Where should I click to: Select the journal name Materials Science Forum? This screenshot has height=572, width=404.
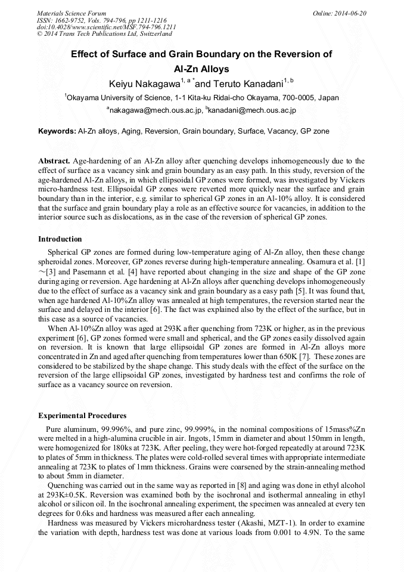72,13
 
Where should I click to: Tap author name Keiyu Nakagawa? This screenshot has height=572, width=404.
147,84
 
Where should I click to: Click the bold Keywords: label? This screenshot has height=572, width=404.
57,131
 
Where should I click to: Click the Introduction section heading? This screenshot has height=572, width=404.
60,239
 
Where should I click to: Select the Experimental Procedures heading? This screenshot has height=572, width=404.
82,415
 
